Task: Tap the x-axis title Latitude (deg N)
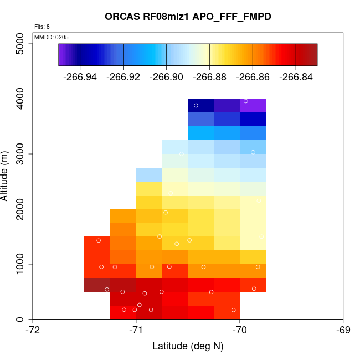point(188,346)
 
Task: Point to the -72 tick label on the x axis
point(33,331)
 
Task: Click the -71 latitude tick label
point(136,331)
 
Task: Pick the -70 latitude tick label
point(240,331)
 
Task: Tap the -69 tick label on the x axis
point(343,331)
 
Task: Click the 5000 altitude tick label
point(20,44)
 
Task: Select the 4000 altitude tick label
point(20,99)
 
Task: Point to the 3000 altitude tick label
point(20,154)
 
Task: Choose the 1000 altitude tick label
point(20,264)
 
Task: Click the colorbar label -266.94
point(80,76)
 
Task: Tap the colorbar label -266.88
point(209,76)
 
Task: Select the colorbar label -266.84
point(296,76)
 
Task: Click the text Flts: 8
point(42,27)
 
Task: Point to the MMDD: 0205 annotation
point(52,37)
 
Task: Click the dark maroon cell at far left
point(97,285)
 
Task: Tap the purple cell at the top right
point(253,105)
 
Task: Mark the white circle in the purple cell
point(246,101)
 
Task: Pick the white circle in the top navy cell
point(196,105)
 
